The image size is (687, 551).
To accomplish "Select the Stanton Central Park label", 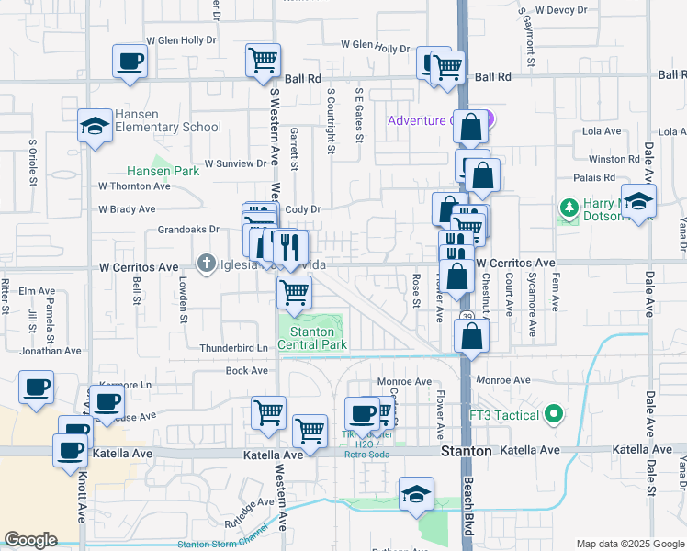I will click(318, 338).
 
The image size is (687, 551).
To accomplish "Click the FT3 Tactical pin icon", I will click(552, 415).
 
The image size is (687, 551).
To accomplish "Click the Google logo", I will click(30, 540).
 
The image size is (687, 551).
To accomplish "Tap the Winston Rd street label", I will click(614, 159).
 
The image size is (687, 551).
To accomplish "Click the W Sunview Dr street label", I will click(234, 163).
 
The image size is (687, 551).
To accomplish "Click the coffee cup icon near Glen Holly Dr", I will click(129, 62).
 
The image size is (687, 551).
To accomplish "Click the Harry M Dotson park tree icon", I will click(569, 209).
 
